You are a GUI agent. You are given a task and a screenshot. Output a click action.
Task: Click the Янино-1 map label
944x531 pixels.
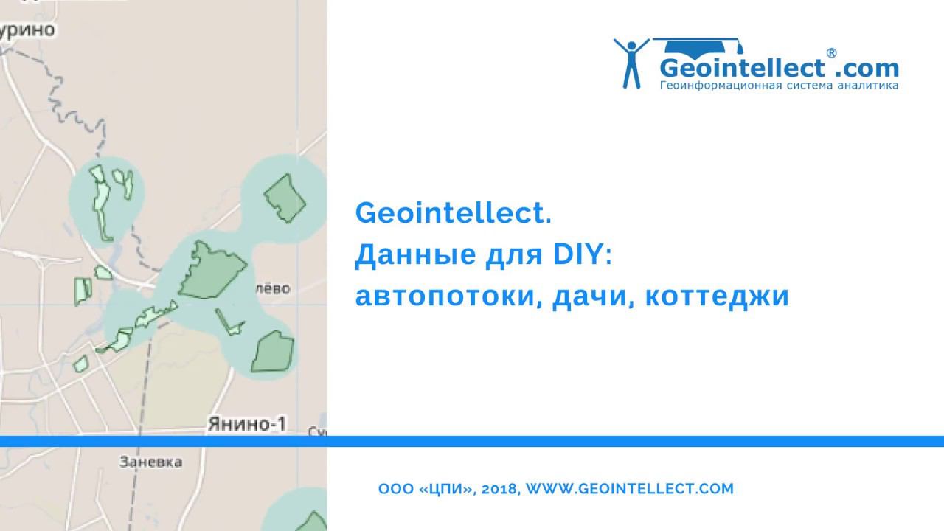(x=246, y=424)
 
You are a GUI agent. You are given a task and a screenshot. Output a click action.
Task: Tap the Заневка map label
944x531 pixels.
(x=150, y=462)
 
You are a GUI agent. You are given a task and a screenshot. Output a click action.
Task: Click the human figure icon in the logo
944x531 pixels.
(x=631, y=63)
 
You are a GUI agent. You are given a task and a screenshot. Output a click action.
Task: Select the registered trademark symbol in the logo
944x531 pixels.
(x=831, y=53)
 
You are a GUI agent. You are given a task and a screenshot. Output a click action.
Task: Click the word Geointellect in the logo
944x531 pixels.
(x=741, y=69)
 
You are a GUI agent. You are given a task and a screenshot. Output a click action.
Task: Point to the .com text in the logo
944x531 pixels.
(x=867, y=69)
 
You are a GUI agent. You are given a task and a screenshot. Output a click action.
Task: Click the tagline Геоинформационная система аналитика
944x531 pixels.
(x=778, y=86)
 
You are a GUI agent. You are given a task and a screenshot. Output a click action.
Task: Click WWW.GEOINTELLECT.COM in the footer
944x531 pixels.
(x=631, y=488)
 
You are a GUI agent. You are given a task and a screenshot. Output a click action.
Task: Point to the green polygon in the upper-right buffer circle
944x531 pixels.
(x=285, y=197)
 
